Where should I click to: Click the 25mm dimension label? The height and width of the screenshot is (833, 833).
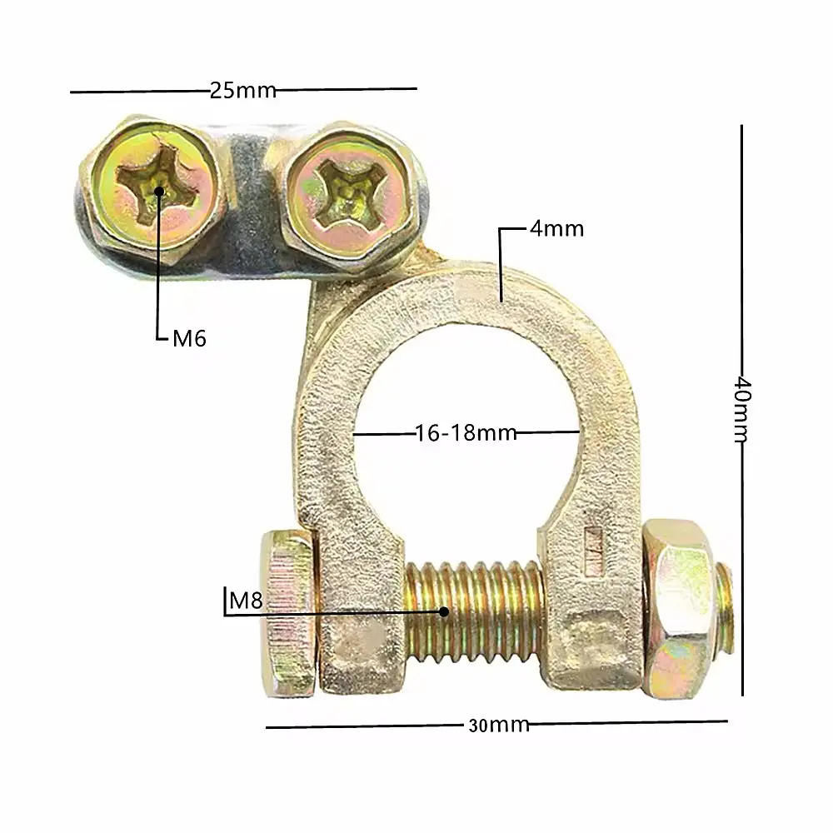[242, 90]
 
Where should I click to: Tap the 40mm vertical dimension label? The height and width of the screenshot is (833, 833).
[742, 410]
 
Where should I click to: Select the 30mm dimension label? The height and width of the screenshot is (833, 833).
[498, 726]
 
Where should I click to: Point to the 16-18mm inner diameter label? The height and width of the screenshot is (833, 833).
[466, 433]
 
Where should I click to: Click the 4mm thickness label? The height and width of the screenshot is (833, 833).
[556, 229]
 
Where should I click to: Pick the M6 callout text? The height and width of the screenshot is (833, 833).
[190, 338]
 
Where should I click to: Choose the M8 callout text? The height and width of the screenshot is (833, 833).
[246, 601]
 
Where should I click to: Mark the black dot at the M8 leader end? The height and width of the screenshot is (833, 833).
[444, 612]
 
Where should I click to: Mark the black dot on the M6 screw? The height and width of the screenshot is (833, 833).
[159, 192]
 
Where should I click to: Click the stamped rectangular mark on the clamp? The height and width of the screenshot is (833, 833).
[593, 551]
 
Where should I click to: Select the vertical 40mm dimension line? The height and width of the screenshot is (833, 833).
[742, 410]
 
